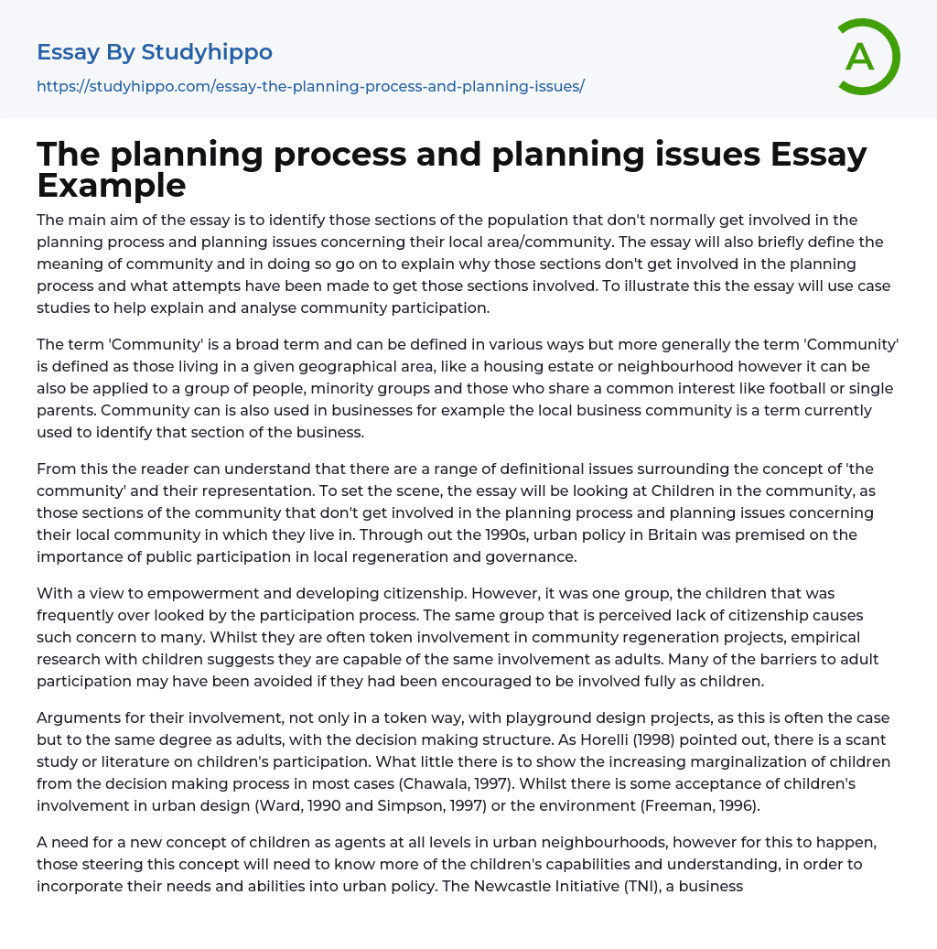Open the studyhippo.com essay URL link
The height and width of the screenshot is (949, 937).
310,86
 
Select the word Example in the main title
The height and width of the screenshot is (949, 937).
112,185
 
